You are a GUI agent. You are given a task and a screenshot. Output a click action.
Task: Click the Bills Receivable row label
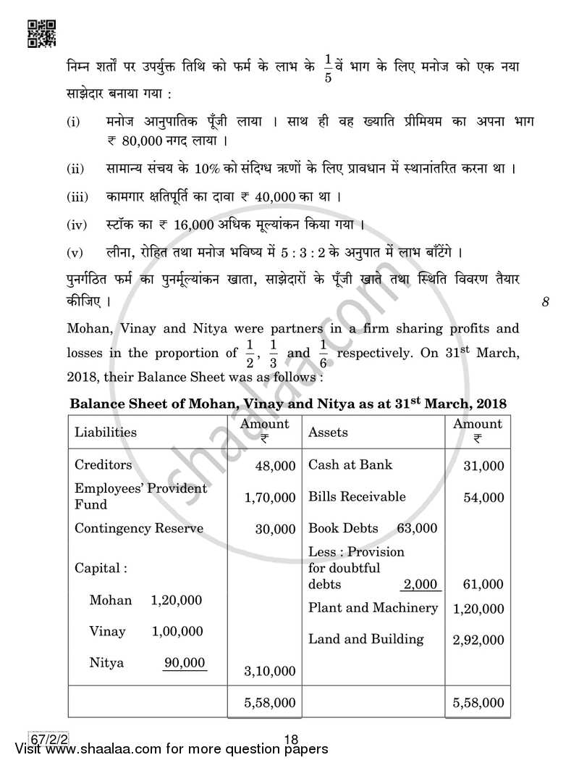tap(357, 497)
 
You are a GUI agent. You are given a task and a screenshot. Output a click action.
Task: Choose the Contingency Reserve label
tap(139, 528)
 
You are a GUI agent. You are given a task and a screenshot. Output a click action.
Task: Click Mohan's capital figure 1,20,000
tap(177, 600)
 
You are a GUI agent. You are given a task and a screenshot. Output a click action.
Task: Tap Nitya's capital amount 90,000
tap(185, 662)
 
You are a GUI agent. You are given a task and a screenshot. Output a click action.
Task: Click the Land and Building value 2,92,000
tap(478, 640)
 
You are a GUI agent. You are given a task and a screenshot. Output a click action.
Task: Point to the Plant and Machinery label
tap(373, 608)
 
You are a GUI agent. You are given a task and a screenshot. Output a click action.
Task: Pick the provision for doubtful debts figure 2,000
tap(421, 585)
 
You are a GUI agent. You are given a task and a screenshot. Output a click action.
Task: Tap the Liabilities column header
tap(106, 433)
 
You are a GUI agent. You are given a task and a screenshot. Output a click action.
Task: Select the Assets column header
tap(328, 433)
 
